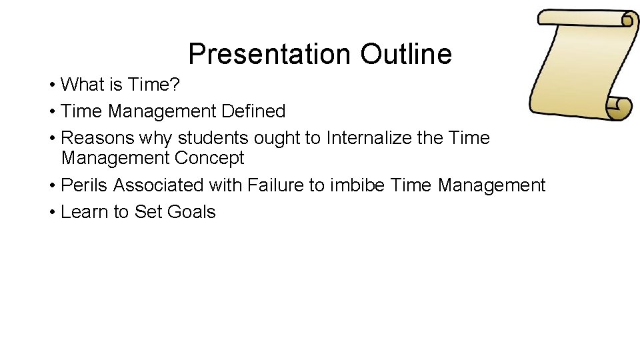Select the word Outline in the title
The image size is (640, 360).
[406, 54]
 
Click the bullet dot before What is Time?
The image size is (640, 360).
[51, 85]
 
